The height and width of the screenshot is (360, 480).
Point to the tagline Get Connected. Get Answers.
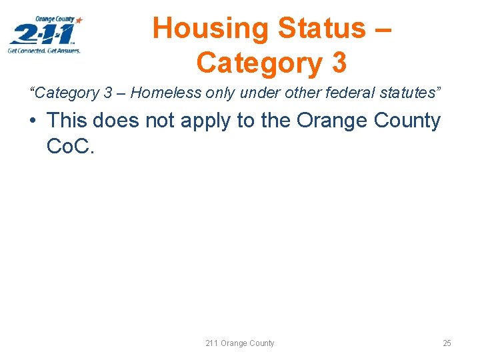point(45,51)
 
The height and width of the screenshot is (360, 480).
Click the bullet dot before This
point(33,121)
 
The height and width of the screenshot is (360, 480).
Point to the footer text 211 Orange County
point(240,343)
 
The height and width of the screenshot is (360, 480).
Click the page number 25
point(447,343)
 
